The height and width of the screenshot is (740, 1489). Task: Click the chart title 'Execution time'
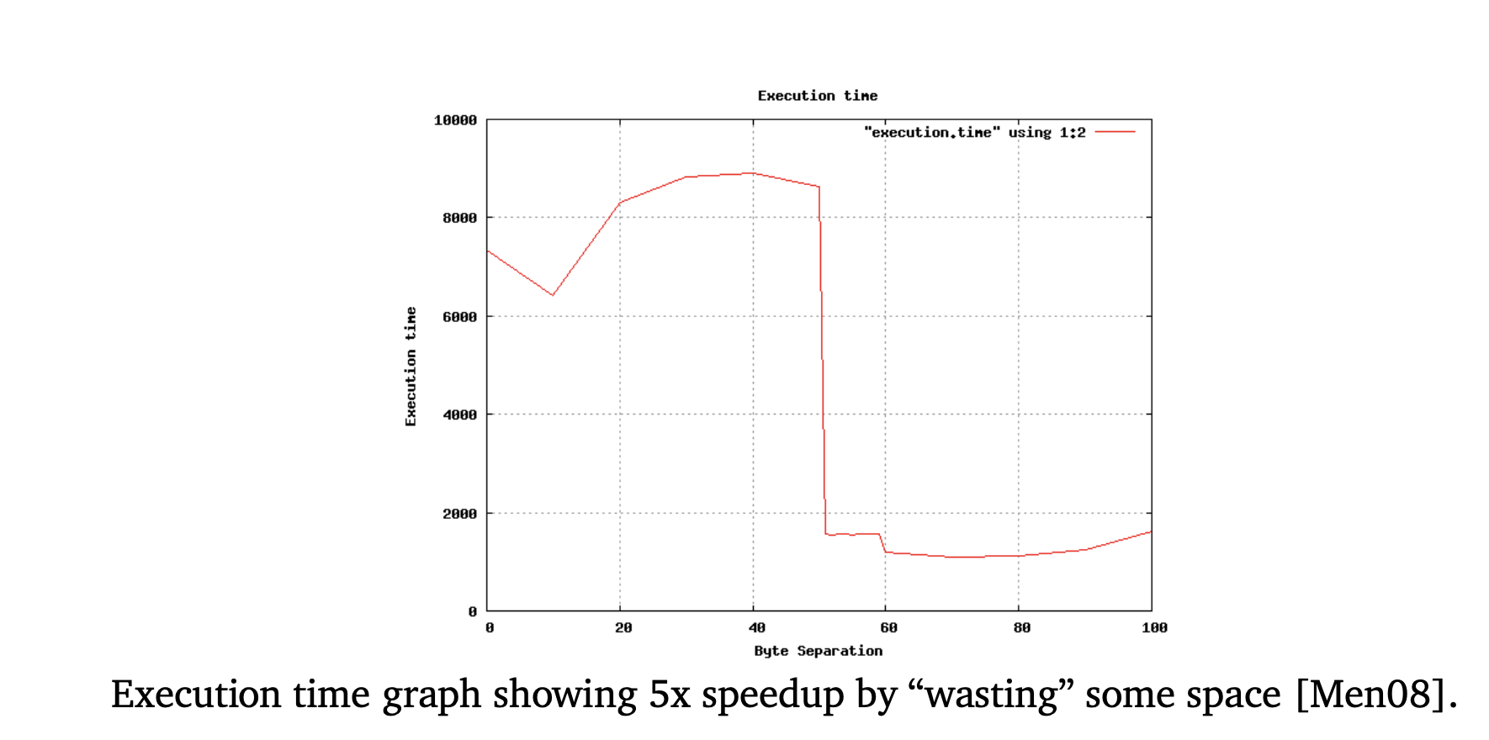pyautogui.click(x=817, y=96)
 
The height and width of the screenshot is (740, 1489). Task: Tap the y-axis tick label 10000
pyautogui.click(x=455, y=120)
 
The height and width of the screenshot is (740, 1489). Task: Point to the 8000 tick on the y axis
pyautogui.click(x=459, y=218)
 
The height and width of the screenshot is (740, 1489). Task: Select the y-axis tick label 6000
pyautogui.click(x=459, y=317)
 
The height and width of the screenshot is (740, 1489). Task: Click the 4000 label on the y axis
pyautogui.click(x=459, y=415)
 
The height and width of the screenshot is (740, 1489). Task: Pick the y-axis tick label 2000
pyautogui.click(x=459, y=514)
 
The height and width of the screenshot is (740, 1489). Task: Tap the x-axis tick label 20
pyautogui.click(x=623, y=628)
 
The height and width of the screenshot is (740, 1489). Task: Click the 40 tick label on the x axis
pyautogui.click(x=756, y=628)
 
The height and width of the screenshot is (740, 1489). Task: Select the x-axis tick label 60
pyautogui.click(x=888, y=628)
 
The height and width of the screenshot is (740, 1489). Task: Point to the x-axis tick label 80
pyautogui.click(x=1021, y=628)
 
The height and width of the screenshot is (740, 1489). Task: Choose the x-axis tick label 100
pyautogui.click(x=1154, y=628)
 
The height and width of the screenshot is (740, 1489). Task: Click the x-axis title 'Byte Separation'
pyautogui.click(x=818, y=651)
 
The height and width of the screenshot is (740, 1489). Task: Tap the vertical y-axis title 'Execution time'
pyautogui.click(x=411, y=366)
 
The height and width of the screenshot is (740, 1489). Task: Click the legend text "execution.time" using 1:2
pyautogui.click(x=974, y=133)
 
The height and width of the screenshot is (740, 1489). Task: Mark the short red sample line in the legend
pyautogui.click(x=1115, y=132)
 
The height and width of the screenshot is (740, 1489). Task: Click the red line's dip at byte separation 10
pyautogui.click(x=553, y=295)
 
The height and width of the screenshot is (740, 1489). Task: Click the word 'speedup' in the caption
pyautogui.click(x=772, y=695)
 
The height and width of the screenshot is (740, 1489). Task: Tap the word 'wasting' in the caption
pyautogui.click(x=991, y=695)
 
